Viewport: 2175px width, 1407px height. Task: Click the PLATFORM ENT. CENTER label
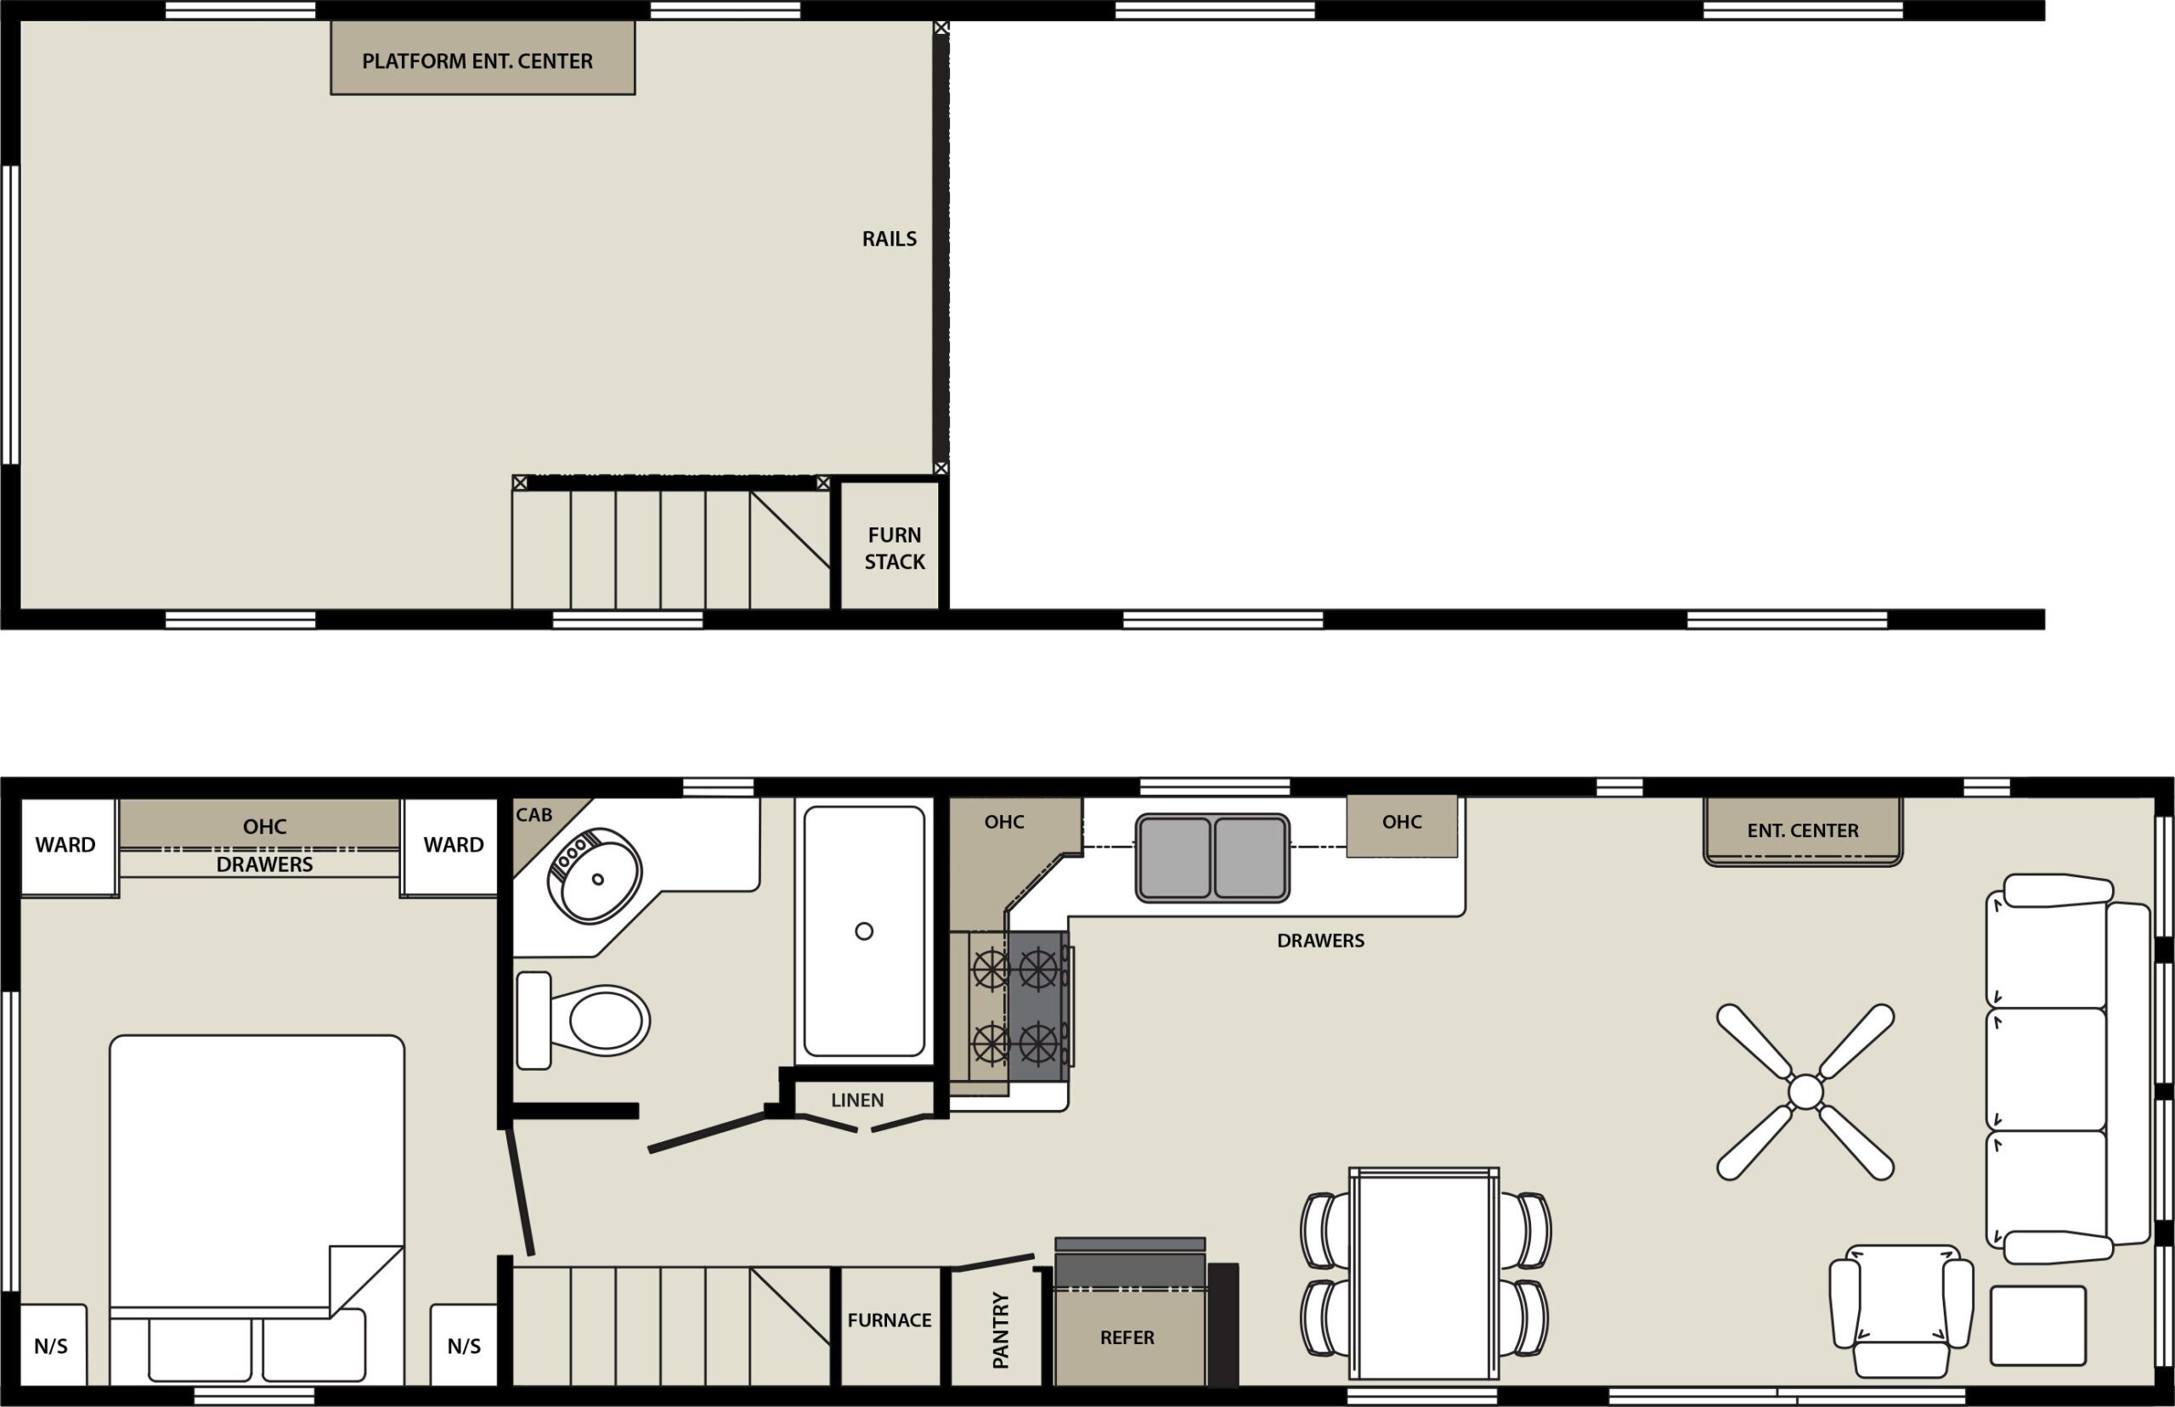(477, 61)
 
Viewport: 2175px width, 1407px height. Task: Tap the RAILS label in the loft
(889, 239)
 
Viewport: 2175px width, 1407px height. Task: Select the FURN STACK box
(894, 549)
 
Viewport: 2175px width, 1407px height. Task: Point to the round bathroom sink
(595, 875)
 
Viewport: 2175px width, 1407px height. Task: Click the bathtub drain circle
(863, 931)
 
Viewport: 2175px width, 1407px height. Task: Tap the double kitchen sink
(1212, 858)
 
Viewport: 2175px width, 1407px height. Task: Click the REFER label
(1127, 1337)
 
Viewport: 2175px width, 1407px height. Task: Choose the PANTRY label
(1001, 1331)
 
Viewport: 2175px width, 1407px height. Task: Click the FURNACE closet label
(890, 1320)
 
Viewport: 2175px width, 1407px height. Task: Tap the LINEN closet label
(857, 1100)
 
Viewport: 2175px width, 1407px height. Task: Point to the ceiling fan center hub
(1805, 1092)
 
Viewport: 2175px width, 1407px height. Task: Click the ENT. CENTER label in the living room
(1802, 830)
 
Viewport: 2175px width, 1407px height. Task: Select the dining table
(1424, 1274)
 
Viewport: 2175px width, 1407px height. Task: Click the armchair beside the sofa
(1901, 1310)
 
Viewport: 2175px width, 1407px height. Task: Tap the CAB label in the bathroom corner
(534, 815)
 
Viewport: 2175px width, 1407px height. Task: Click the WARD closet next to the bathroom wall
(454, 845)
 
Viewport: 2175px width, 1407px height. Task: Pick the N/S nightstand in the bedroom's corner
(51, 1346)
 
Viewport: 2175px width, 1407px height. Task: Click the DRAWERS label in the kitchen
(1319, 940)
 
